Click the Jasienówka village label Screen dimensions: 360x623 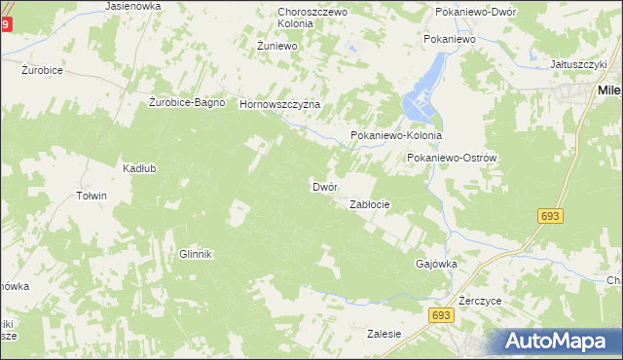pyautogui.click(x=133, y=6)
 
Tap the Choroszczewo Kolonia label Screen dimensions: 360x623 pyautogui.click(x=301, y=17)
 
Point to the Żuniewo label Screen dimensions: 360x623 pyautogui.click(x=275, y=46)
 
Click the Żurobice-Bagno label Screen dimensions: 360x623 pyautogui.click(x=188, y=102)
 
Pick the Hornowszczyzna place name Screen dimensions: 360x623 pyautogui.click(x=279, y=104)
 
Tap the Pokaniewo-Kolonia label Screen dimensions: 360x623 pyautogui.click(x=396, y=136)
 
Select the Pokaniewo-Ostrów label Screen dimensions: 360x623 pyautogui.click(x=453, y=158)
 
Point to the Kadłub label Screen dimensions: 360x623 pyautogui.click(x=139, y=168)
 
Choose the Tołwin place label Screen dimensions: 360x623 pyautogui.click(x=91, y=196)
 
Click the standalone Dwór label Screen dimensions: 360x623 pyautogui.click(x=324, y=186)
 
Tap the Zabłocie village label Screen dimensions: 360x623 pyautogui.click(x=370, y=204)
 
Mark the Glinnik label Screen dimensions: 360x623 pyautogui.click(x=195, y=254)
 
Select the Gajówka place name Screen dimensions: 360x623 pyautogui.click(x=436, y=264)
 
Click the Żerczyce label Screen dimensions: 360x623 pyautogui.click(x=480, y=302)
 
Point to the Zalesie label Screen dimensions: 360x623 pyautogui.click(x=384, y=334)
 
